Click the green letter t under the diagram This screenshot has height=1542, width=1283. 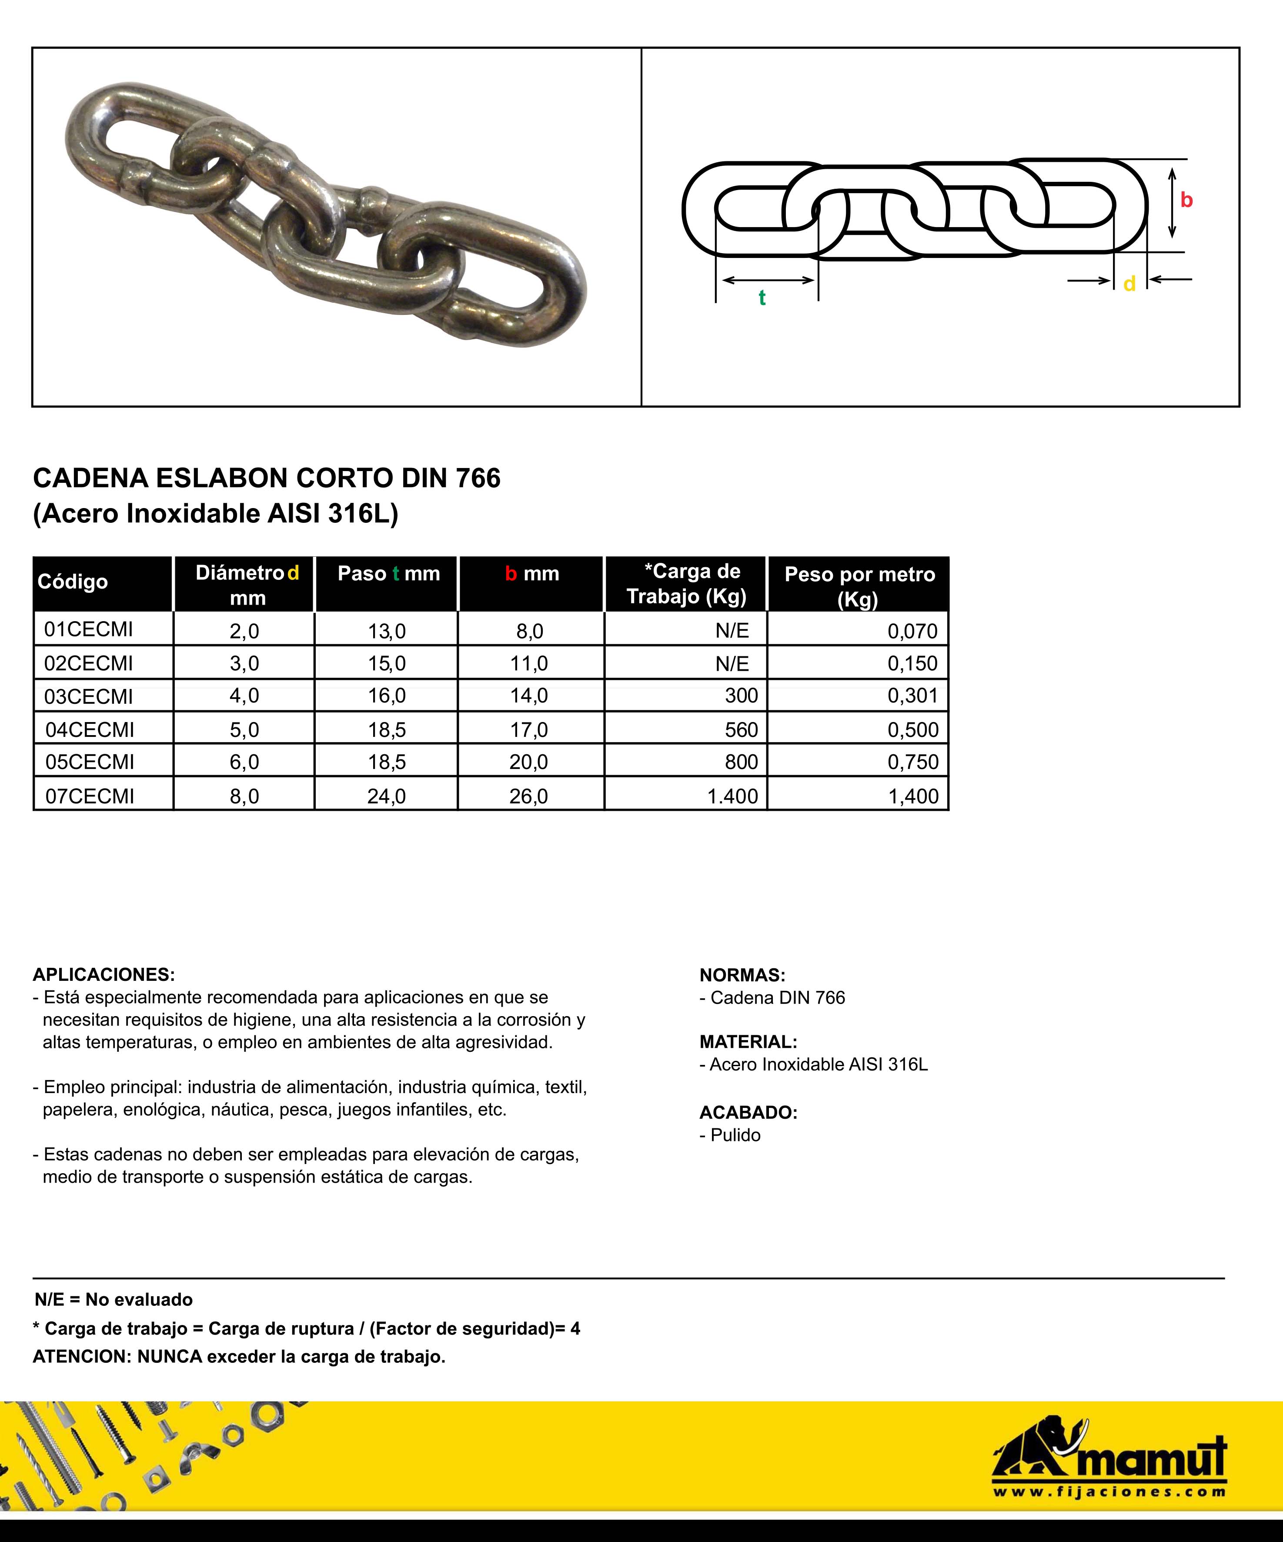[762, 298]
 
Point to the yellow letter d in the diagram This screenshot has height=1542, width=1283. [1129, 284]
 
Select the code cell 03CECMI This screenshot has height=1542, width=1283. [89, 696]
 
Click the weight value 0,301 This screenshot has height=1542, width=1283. [912, 696]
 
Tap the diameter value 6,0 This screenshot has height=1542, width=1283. [244, 762]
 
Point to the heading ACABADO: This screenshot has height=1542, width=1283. [748, 1112]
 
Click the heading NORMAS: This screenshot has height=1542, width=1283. [742, 975]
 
